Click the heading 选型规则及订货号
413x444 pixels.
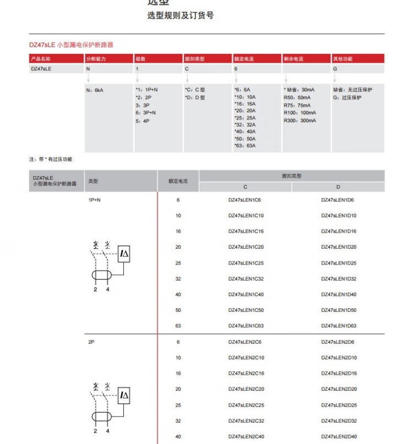coord(180,15)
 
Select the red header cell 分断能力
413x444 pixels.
coord(94,58)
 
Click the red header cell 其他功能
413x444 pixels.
coord(343,58)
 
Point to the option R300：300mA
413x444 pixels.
coord(300,120)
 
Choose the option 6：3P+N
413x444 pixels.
coord(146,113)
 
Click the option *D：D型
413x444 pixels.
coord(194,97)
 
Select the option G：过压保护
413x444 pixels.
coord(347,97)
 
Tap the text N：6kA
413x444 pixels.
coord(95,90)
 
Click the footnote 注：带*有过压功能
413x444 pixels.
coord(51,159)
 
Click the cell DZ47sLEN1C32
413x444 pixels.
coord(246,279)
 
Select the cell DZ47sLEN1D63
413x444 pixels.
coord(339,326)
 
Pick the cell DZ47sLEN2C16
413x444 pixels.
coord(246,374)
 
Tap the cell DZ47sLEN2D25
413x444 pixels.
coord(339,405)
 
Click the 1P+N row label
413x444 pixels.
coord(95,200)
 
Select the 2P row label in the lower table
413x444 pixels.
coord(91,342)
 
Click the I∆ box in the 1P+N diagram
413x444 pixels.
coord(124,253)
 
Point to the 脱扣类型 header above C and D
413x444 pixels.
coord(292,176)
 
